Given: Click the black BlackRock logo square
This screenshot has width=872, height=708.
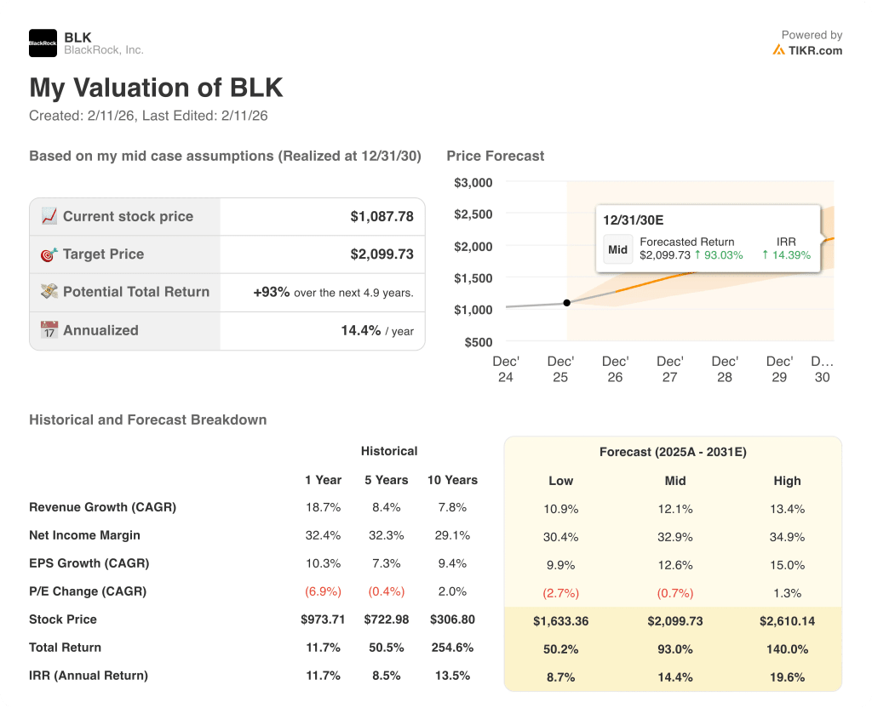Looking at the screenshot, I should coord(43,43).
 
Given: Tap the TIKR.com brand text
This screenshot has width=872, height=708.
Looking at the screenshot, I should coord(814,50).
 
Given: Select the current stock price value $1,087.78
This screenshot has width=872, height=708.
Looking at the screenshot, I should coord(381,217).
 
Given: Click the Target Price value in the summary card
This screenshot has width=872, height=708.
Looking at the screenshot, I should coord(381,254).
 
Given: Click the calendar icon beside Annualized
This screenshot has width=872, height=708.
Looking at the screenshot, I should coord(49,330).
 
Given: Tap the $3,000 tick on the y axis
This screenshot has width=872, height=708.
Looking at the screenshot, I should coord(473,182).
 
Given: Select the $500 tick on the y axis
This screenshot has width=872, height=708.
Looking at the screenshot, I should coord(479,342).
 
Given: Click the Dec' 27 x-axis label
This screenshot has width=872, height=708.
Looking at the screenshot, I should coord(670,369).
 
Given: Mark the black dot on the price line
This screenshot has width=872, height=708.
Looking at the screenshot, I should coord(567,303).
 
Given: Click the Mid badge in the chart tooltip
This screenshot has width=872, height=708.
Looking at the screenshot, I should coord(618,249).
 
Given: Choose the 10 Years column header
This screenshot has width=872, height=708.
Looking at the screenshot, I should coord(452,480).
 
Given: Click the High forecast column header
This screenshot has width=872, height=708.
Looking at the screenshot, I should coord(787,481).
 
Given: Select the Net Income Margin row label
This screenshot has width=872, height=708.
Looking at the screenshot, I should coord(85,535).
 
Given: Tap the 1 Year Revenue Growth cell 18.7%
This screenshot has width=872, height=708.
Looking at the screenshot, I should coord(323,507).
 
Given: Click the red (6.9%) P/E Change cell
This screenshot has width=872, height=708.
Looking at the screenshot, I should coord(323,591).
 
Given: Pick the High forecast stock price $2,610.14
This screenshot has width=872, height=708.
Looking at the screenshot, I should coord(787,621).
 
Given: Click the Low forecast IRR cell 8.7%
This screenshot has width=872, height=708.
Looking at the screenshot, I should coord(560,677).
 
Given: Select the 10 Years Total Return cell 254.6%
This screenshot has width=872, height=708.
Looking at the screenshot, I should coord(452,648).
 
